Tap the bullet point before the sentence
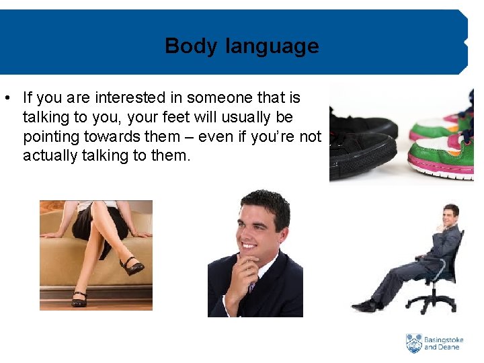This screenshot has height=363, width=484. pyautogui.click(x=6, y=98)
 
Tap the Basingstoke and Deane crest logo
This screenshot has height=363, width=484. pyautogui.click(x=414, y=343)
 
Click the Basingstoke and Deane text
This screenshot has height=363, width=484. pyautogui.click(x=444, y=344)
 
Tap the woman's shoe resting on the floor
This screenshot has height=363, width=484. pyautogui.click(x=79, y=299)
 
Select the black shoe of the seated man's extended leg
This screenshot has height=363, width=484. pyautogui.click(x=364, y=306)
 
